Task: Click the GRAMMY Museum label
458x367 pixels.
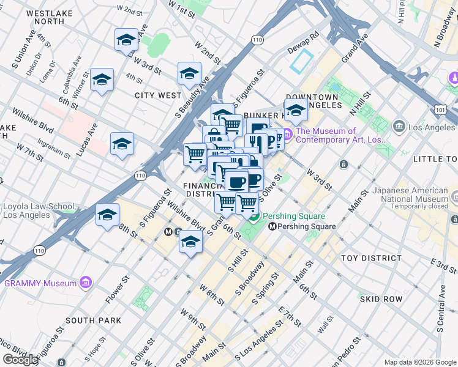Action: pyautogui.click(x=40, y=283)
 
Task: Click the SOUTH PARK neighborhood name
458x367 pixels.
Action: pyautogui.click(x=93, y=321)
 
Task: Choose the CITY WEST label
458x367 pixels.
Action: pyautogui.click(x=158, y=95)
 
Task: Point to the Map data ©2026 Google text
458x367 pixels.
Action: pyautogui.click(x=419, y=362)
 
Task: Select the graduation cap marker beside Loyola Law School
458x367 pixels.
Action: pyautogui.click(x=107, y=215)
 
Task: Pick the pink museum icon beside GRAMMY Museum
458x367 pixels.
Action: pyautogui.click(x=86, y=283)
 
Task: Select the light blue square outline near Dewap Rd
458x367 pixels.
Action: pyautogui.click(x=302, y=62)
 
